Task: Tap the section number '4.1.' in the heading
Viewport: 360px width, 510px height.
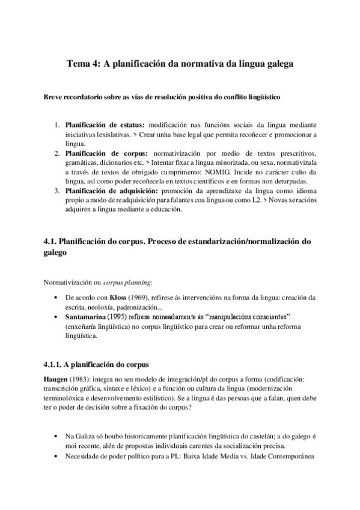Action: [52, 241]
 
